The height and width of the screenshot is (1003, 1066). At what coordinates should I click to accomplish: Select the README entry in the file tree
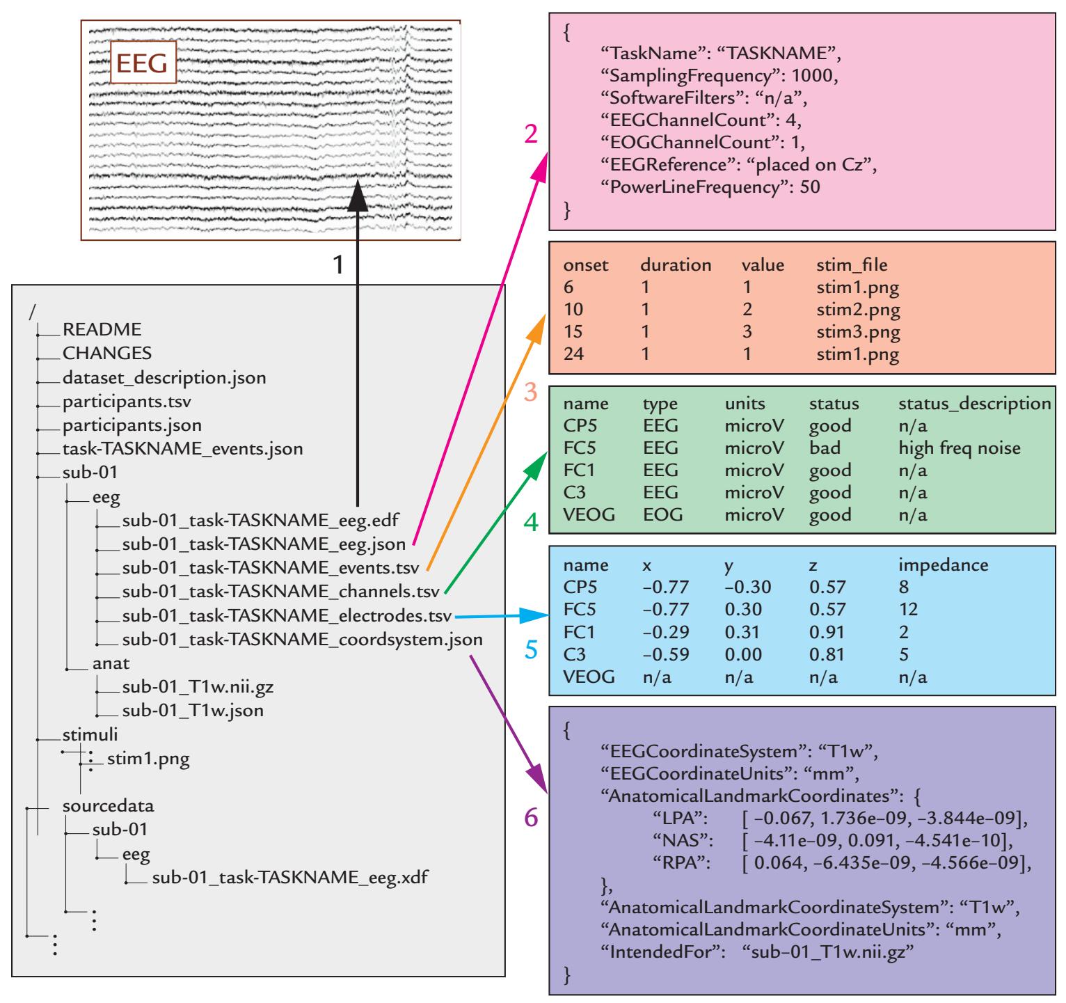(x=102, y=329)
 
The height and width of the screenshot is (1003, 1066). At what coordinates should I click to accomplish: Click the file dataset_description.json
(x=164, y=378)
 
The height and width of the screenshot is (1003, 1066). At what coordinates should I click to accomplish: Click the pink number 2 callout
(x=531, y=134)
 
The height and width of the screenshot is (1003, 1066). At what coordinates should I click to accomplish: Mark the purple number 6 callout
(x=531, y=819)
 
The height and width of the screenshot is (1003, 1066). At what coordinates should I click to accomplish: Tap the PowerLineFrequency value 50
(x=813, y=188)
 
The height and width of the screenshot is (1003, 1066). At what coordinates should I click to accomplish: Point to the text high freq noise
(x=959, y=448)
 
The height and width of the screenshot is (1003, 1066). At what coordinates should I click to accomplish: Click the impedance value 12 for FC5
(x=908, y=610)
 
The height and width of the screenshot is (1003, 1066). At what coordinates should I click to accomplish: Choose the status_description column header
(x=974, y=404)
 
